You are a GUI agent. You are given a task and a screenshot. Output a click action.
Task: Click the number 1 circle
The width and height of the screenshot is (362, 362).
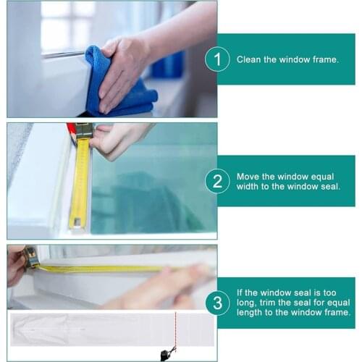pyautogui.click(x=217, y=59)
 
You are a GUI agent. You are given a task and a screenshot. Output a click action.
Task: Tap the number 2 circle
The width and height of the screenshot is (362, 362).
pyautogui.click(x=217, y=181)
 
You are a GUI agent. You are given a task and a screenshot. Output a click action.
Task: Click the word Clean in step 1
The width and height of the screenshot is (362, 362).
pyautogui.click(x=249, y=59)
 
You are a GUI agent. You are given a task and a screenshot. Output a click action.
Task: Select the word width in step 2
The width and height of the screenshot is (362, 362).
pyautogui.click(x=248, y=187)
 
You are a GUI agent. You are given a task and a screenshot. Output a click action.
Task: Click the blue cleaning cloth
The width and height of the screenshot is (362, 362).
pyautogui.click(x=119, y=83)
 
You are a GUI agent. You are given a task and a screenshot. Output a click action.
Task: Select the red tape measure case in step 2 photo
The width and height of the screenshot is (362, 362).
pyautogui.click(x=72, y=130)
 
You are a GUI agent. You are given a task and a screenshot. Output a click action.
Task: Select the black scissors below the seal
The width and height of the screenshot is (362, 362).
pyautogui.click(x=167, y=353)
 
